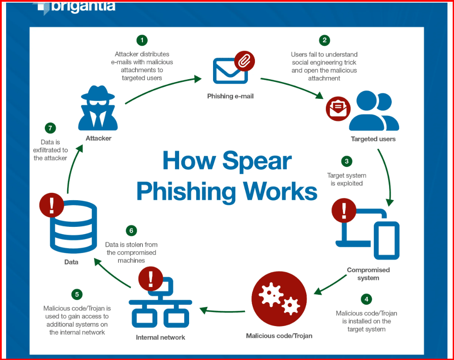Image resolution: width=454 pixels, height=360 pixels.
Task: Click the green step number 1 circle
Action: click(142, 40)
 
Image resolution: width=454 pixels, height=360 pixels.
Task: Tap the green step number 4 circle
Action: click(366, 299)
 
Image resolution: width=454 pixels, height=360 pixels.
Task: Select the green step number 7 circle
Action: click(51, 128)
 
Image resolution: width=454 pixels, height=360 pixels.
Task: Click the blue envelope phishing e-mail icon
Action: click(230, 71)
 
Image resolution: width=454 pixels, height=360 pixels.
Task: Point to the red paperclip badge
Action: click(244, 61)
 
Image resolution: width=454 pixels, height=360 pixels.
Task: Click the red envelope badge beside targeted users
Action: click(339, 108)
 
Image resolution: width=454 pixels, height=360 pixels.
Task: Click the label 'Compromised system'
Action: click(368, 274)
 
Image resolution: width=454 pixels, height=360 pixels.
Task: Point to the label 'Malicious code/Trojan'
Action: click(279, 336)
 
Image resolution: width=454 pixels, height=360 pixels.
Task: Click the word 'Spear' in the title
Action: click(257, 161)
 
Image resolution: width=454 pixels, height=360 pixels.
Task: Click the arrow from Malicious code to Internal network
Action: click(222, 311)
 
